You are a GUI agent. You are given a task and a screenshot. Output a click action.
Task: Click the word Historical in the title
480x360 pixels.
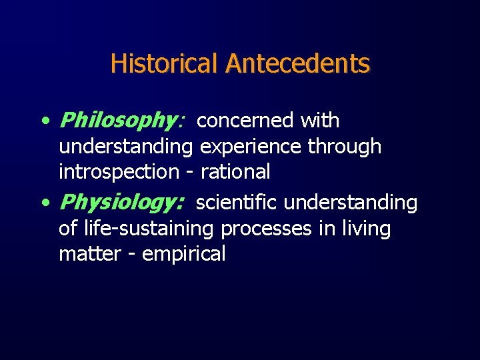pos(165,64)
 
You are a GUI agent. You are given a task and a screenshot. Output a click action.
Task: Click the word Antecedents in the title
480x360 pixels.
pos(297,64)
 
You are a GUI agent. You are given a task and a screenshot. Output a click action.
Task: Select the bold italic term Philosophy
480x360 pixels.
pos(117,121)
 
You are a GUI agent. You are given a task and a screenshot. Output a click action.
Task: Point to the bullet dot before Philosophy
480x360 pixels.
pos(44,121)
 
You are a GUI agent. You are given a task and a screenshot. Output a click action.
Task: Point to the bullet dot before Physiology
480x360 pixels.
pos(44,203)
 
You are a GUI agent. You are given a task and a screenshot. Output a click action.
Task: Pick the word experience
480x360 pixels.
pos(251,147)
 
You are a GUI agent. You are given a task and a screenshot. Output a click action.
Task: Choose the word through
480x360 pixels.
pos(345,146)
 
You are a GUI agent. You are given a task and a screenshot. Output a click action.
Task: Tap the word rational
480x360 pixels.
pos(235,171)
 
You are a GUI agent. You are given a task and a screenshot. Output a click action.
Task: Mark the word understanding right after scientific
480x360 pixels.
pos(351,203)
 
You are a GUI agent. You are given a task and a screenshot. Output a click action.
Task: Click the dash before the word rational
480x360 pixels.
pos(190,173)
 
